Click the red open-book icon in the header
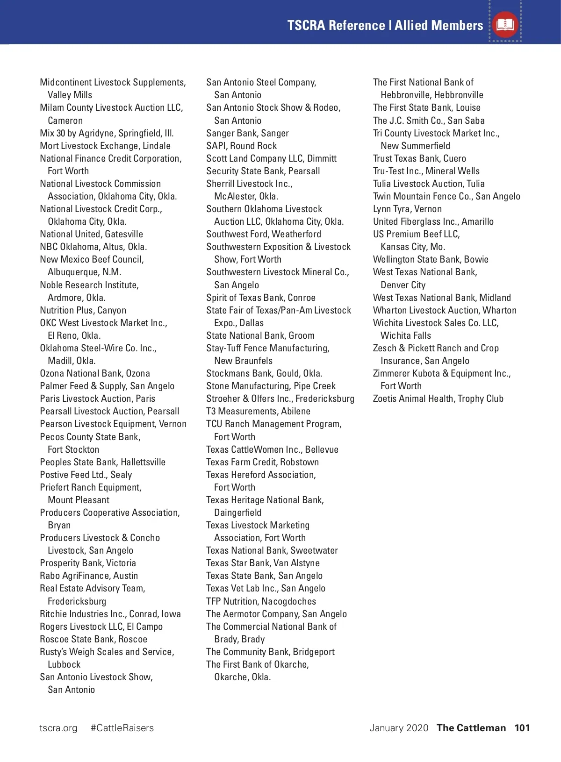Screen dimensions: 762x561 505,24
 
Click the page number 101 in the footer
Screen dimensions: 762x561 522,728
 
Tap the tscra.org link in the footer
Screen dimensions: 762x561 58,728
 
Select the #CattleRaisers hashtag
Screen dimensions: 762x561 122,728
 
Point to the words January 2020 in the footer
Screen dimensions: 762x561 399,728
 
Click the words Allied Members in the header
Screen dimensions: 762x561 439,25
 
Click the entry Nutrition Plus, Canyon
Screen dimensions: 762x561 83,310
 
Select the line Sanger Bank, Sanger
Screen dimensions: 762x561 248,133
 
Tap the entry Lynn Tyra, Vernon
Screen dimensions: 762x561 407,209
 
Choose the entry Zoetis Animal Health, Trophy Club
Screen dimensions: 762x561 438,399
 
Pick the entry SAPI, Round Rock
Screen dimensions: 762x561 242,146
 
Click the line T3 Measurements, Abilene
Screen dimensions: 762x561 258,411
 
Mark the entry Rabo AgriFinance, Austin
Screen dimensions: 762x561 89,576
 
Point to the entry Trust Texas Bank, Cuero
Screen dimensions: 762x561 419,158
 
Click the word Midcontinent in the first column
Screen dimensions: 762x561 65,82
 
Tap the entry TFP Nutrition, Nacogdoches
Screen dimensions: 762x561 261,601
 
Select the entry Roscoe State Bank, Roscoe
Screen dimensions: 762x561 93,639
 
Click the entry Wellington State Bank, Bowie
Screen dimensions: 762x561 431,259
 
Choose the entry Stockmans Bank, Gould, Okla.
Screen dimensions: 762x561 264,373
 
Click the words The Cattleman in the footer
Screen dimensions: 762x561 471,728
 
